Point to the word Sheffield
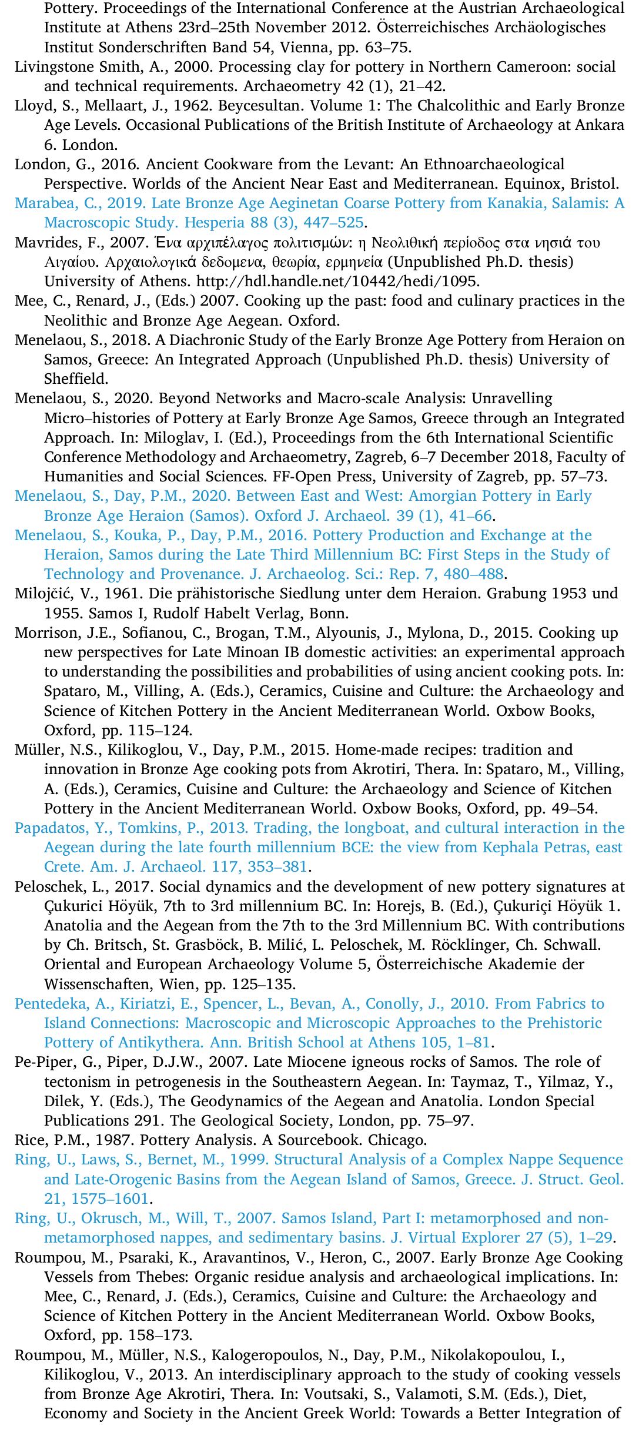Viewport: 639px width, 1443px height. click(x=74, y=379)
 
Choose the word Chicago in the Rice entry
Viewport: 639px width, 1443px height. click(x=406, y=1140)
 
